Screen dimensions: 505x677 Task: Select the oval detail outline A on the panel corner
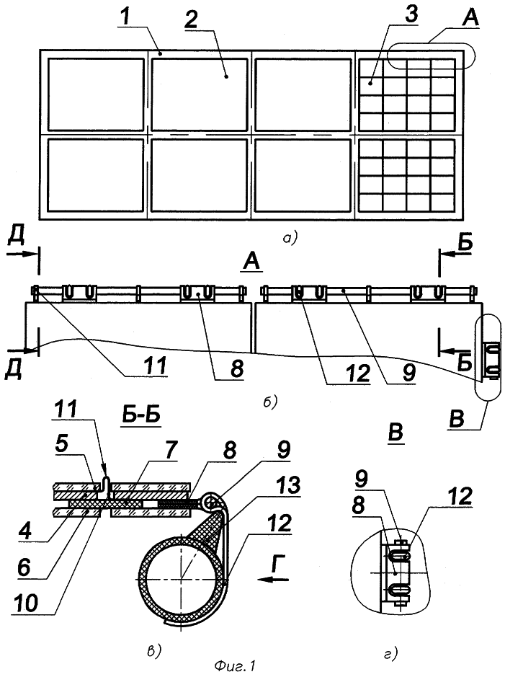coord(430,56)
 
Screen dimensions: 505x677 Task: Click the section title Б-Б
coord(140,415)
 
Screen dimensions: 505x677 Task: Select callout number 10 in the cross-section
coord(27,602)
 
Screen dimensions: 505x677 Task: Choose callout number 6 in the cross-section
coord(25,567)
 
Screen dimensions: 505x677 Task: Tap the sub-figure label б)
coord(269,402)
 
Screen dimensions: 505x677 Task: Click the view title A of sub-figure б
coord(252,261)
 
